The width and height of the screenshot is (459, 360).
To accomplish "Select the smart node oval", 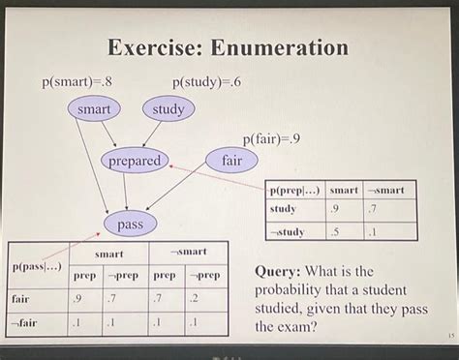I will coord(94,109).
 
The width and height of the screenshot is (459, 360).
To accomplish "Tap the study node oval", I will coord(168,109).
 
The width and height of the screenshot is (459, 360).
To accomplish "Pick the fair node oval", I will coord(231,161).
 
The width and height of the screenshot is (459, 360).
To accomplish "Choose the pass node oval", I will coord(130,225).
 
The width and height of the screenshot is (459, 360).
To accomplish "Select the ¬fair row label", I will coord(25,322).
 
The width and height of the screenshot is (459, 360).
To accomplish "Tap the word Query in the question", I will coord(281,272).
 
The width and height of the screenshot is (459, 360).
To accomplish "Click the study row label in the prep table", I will coord(284,209).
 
